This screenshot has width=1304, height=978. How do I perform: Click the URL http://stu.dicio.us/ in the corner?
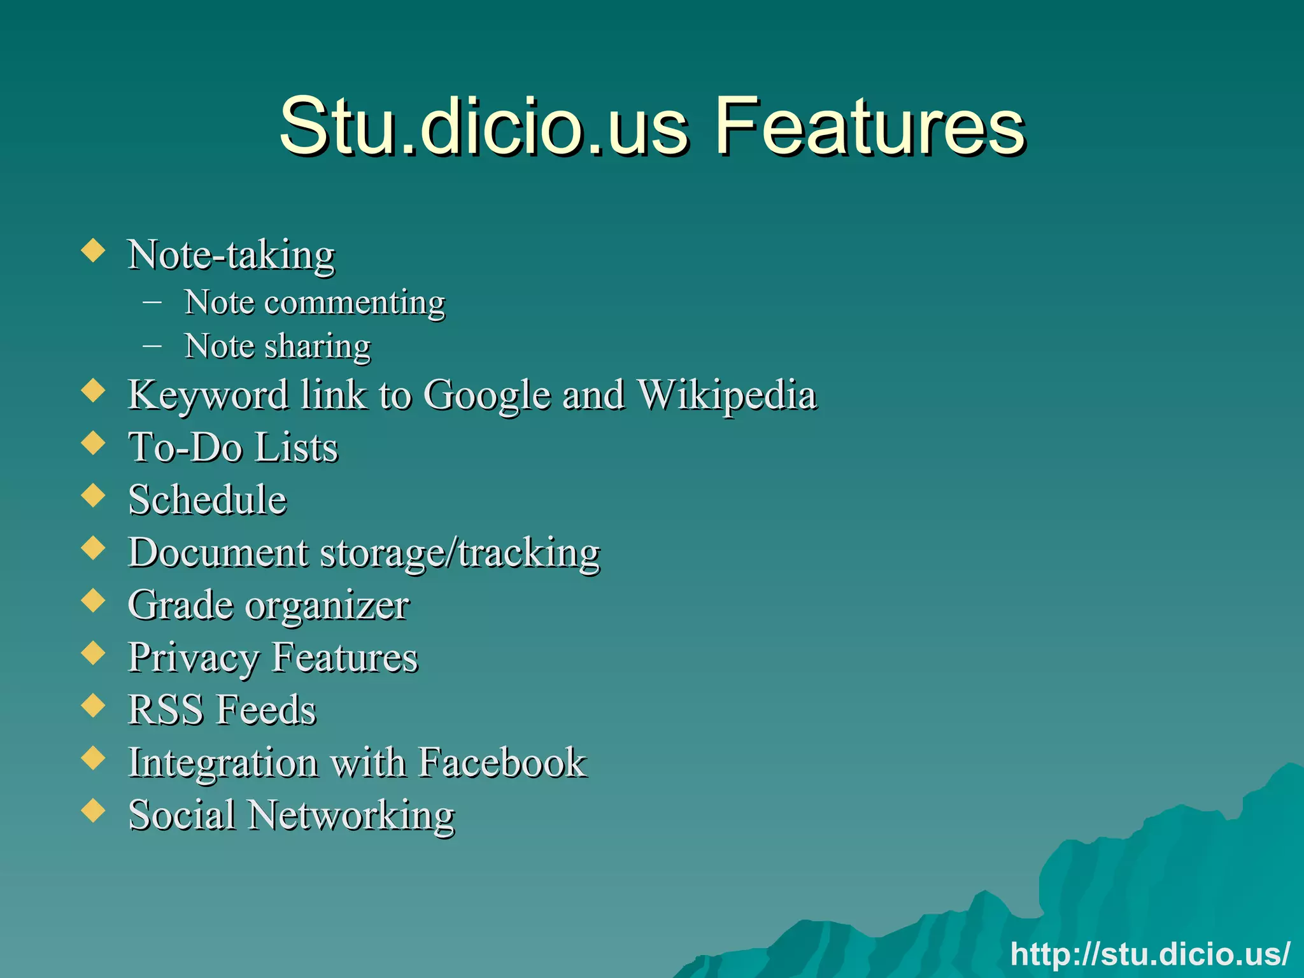1150,954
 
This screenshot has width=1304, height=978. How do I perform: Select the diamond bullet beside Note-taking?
94,250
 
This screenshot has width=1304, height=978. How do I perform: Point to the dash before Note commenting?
152,302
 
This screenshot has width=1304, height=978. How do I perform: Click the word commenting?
355,303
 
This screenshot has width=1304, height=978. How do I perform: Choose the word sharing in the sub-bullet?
317,347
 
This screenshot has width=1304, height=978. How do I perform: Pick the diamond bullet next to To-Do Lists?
94,443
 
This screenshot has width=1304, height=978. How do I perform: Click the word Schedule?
208,499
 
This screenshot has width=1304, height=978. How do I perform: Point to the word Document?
218,552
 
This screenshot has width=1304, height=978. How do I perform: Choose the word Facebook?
502,762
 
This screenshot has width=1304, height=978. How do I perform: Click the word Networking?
351,815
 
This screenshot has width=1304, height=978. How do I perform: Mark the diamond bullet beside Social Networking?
94,810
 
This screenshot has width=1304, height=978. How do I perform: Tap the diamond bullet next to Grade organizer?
94,600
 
